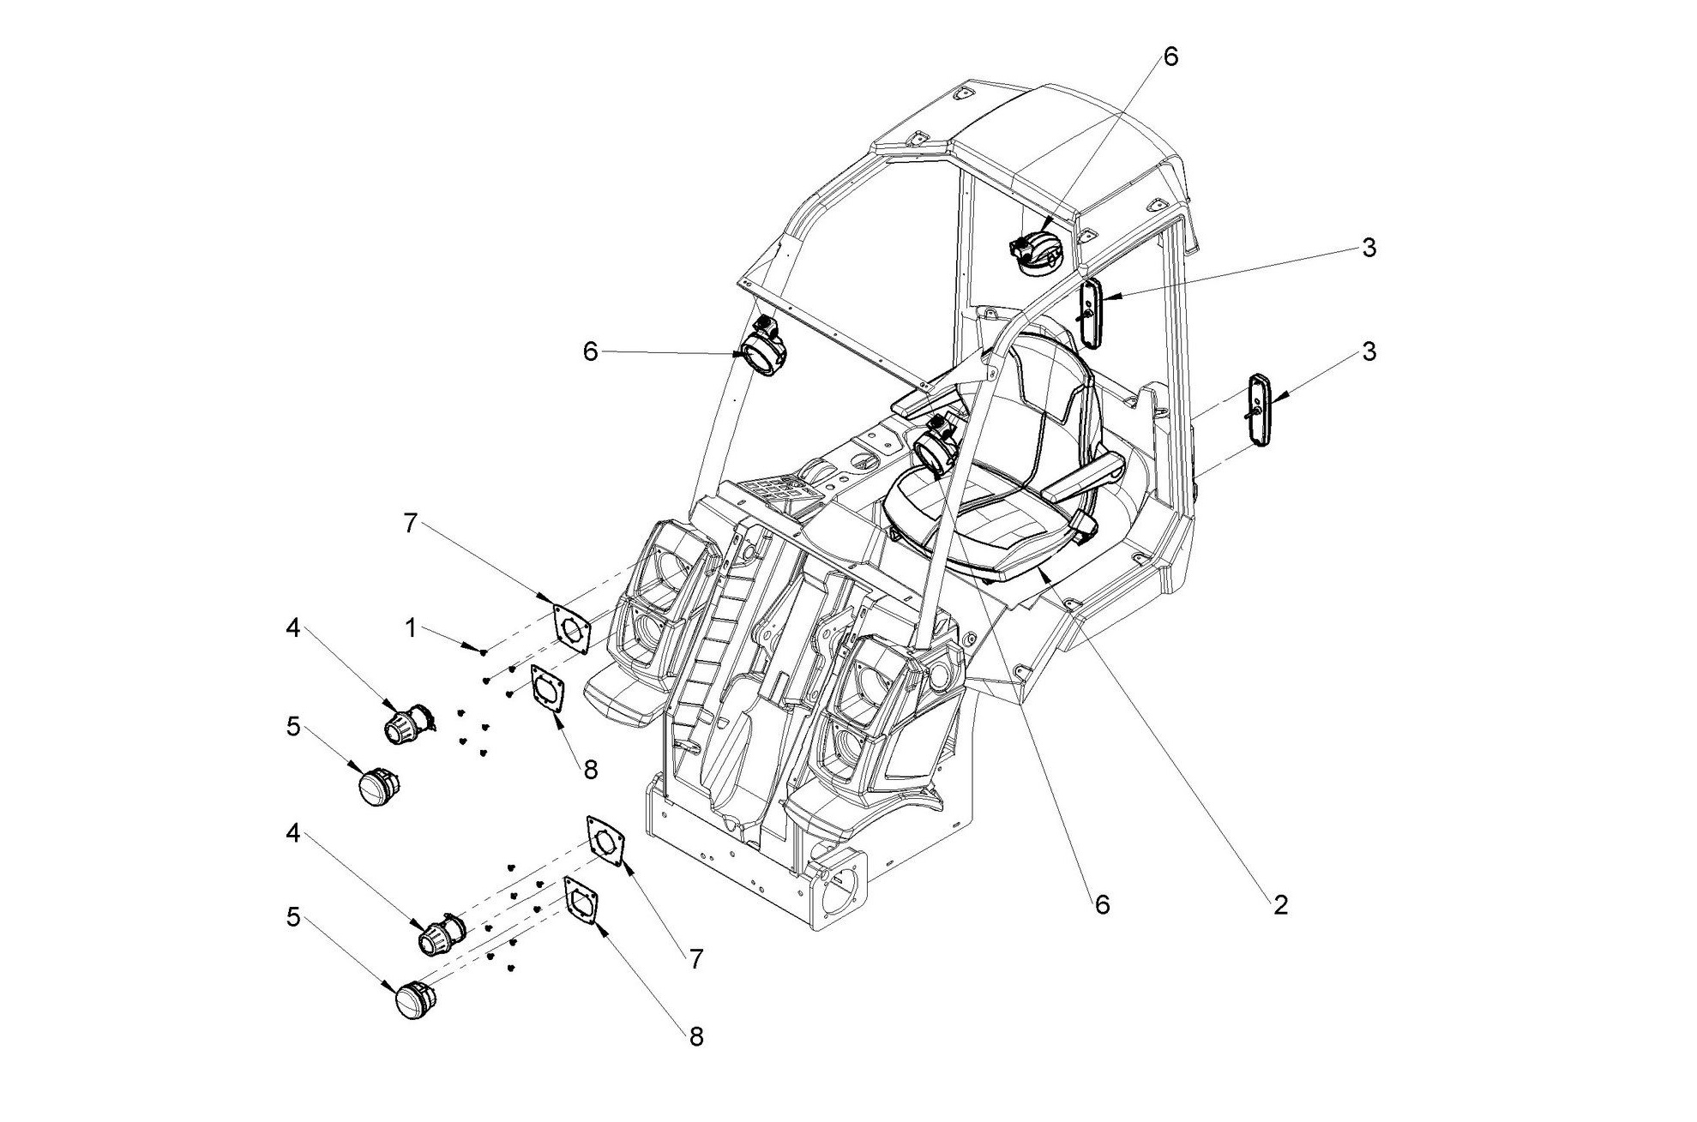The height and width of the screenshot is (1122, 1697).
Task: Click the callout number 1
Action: pyautogui.click(x=411, y=628)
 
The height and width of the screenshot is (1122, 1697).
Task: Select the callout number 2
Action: pyautogui.click(x=1280, y=905)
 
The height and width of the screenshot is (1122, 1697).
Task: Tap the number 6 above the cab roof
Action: pyautogui.click(x=1170, y=57)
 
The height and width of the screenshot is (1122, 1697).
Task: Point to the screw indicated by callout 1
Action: pyautogui.click(x=484, y=652)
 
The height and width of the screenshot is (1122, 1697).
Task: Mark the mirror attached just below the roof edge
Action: pyautogui.click(x=1091, y=313)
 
